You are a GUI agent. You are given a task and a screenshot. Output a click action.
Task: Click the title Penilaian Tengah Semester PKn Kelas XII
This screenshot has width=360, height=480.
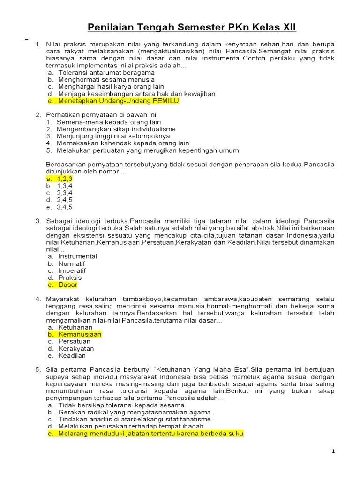pos(193,28)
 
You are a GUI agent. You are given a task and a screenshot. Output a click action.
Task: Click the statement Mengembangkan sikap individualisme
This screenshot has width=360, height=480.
pos(116,129)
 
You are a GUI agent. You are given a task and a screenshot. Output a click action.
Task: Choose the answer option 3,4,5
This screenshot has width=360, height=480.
pos(65,207)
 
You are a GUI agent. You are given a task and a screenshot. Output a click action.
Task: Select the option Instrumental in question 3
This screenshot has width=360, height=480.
pos(77,256)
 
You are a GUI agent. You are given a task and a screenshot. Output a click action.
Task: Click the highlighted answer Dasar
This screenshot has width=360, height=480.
pos(67,285)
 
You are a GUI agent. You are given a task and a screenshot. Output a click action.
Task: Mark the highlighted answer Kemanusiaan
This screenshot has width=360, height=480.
pos(80,334)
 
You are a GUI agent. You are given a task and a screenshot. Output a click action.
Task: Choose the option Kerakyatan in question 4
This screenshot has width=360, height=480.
pos(76,348)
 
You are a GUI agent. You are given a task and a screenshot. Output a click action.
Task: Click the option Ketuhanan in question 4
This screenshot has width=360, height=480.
pos(75,327)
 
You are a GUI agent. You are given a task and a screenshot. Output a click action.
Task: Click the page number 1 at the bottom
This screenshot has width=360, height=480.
pos(333,451)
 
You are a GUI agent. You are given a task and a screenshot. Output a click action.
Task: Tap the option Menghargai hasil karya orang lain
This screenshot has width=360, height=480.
pos(111,87)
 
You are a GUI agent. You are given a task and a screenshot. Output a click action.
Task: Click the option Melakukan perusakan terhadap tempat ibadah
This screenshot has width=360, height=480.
pos(131,426)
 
